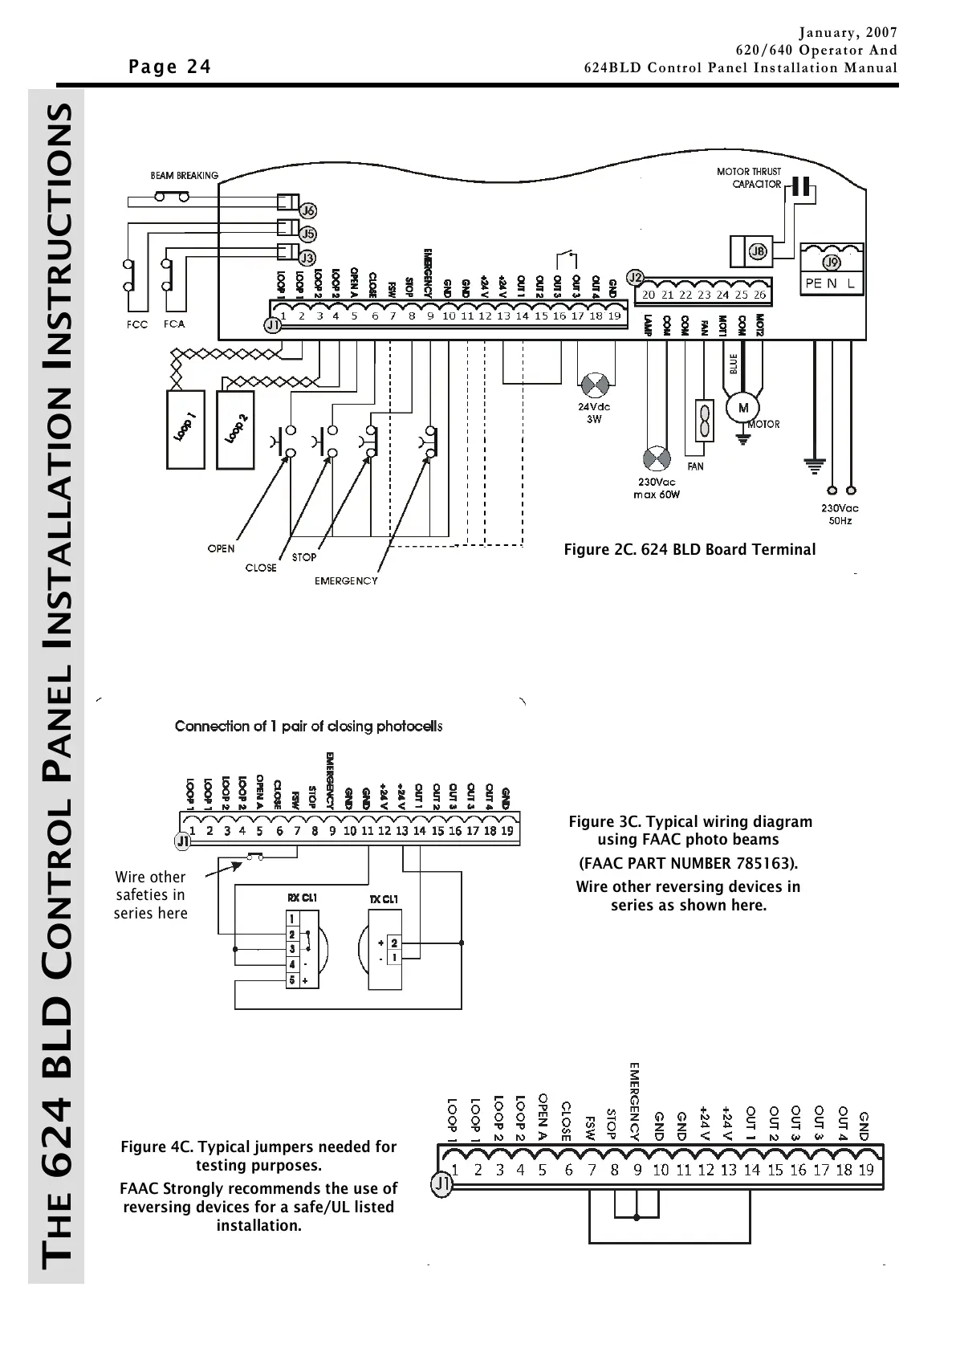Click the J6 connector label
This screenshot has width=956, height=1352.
pos(308,211)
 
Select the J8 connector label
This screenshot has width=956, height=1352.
pos(758,252)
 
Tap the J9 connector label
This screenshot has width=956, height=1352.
pos(832,263)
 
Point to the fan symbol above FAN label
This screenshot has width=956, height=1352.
pos(704,420)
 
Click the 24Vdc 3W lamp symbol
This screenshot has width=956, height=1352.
pos(595,385)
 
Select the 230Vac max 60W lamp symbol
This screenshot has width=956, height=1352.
pos(657,459)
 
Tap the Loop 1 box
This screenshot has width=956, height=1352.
pos(186,429)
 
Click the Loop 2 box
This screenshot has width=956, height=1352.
pos(236,429)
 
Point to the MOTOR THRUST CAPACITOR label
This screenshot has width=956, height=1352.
pos(748,177)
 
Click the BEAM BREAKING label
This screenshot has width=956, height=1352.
pos(185,175)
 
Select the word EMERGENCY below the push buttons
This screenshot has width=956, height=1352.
pos(346,580)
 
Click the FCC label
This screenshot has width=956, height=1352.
pos(137,325)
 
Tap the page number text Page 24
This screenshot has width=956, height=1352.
pos(170,67)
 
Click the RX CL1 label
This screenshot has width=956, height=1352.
pos(302,898)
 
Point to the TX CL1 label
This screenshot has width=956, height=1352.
pos(384,899)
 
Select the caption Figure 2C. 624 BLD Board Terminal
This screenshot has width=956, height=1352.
pos(690,550)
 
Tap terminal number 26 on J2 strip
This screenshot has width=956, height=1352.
pos(759,295)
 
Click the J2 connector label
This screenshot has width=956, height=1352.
pos(636,278)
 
